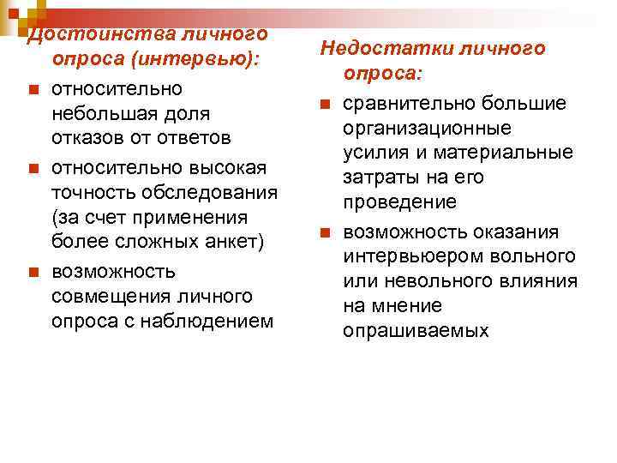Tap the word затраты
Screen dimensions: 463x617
click(381, 177)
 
